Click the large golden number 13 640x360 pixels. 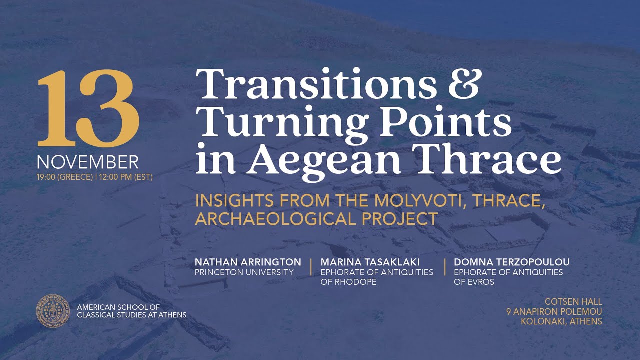click(87, 109)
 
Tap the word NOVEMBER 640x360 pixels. click(87, 162)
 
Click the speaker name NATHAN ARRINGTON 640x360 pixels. click(248, 262)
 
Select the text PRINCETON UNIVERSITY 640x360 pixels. click(244, 272)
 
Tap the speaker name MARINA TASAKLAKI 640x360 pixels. click(376, 262)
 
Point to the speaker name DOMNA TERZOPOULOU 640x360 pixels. click(511, 262)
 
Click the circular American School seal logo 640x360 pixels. click(53, 311)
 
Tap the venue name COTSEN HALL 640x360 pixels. click(573, 302)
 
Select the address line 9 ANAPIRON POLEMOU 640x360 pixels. click(554, 312)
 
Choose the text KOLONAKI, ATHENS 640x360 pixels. click(561, 321)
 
